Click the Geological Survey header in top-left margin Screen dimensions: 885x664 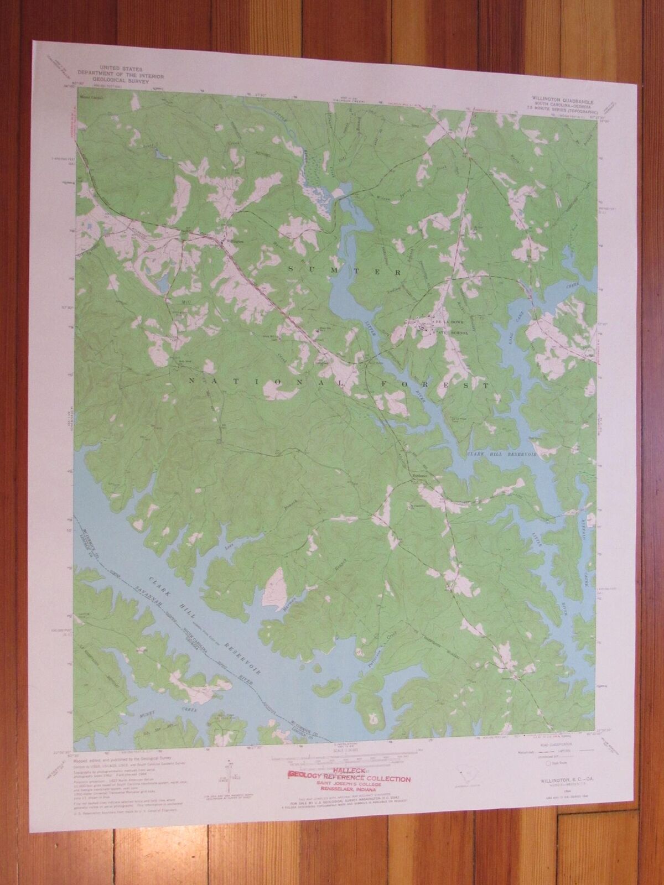(111, 71)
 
